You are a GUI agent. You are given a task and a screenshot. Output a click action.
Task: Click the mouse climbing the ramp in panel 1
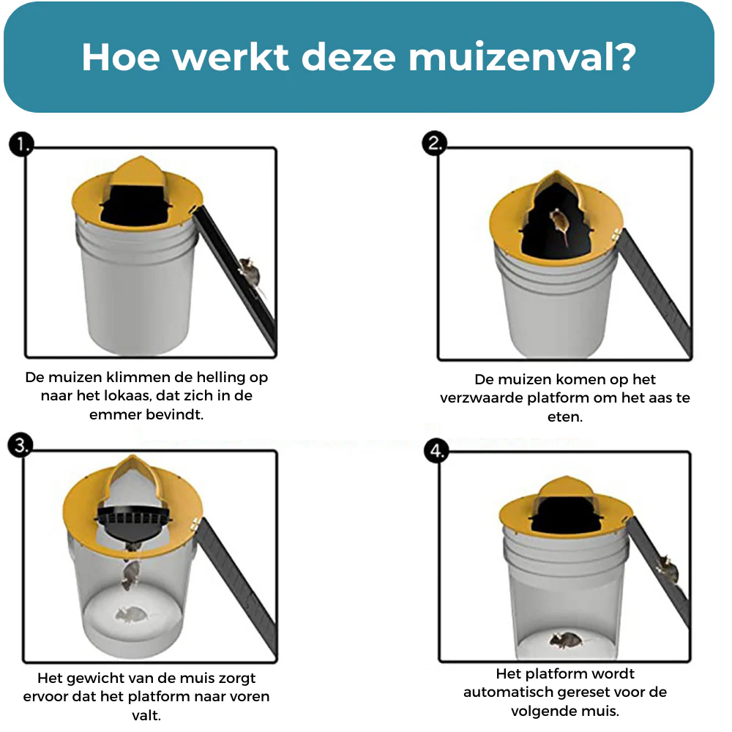[249, 272]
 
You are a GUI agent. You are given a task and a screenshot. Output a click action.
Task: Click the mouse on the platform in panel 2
[559, 221]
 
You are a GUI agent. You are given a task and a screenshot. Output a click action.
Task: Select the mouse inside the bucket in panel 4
[563, 640]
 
